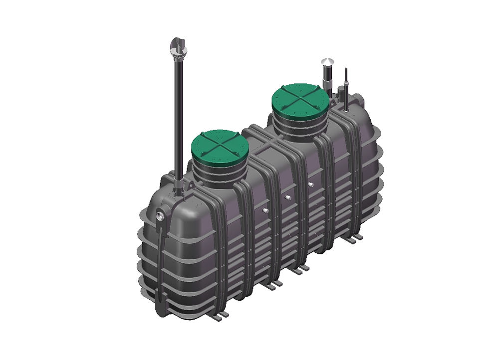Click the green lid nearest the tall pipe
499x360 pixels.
(x=220, y=147)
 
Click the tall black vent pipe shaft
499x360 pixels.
(x=178, y=115)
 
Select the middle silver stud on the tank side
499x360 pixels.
(x=287, y=197)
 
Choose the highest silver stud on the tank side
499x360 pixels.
(x=310, y=184)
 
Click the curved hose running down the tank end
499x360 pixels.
(x=159, y=264)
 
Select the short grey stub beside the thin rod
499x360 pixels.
(x=340, y=93)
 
